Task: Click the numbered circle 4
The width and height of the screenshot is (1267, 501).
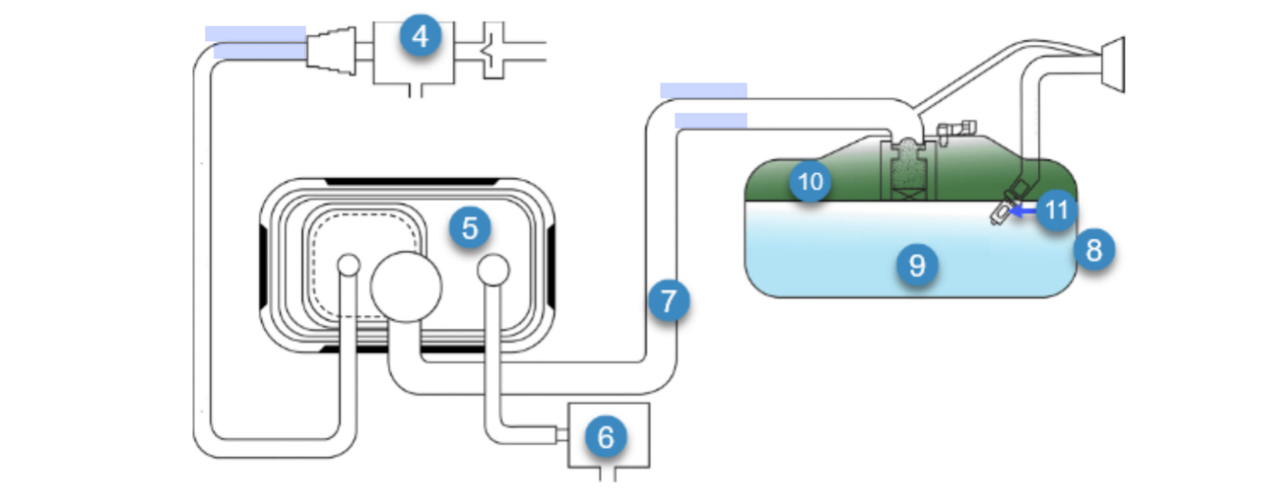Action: click(x=419, y=38)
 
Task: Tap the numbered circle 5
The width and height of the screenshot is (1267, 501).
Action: click(x=469, y=228)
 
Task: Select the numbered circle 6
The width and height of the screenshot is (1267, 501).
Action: click(x=606, y=437)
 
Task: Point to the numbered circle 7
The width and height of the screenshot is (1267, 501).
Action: click(x=670, y=302)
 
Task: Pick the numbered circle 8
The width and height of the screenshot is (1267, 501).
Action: click(x=1093, y=251)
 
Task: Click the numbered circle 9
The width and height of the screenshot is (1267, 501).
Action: click(x=916, y=265)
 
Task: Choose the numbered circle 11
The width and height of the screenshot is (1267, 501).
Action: click(x=1057, y=210)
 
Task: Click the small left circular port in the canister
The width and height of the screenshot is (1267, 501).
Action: click(x=349, y=264)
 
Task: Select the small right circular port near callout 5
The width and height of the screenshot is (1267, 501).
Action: click(x=494, y=269)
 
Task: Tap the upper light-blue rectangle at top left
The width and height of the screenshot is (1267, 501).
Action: click(x=255, y=34)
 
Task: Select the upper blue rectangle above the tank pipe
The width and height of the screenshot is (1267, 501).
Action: click(x=703, y=90)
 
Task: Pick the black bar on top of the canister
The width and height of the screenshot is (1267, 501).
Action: click(x=411, y=182)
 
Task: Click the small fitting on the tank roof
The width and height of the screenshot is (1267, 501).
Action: click(x=956, y=129)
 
